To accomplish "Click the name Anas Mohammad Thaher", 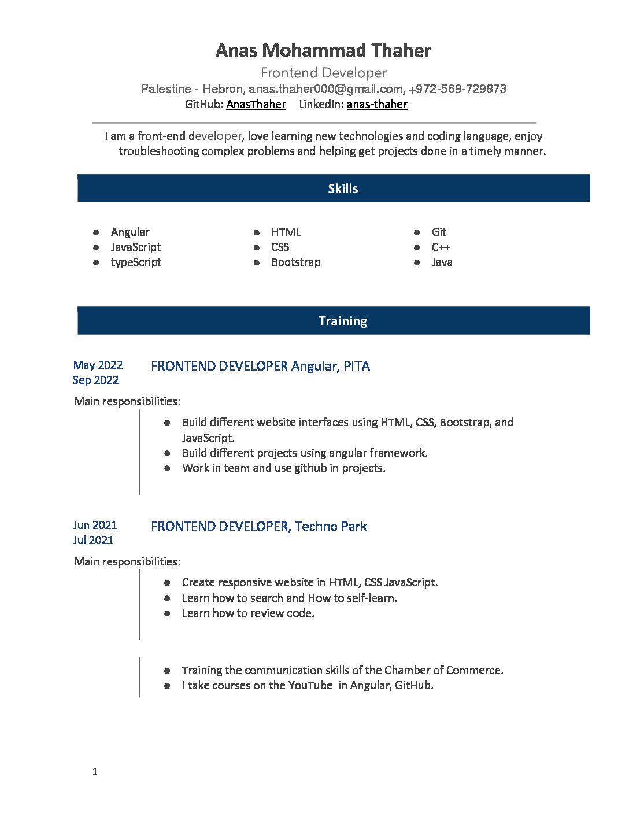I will pyautogui.click(x=323, y=51).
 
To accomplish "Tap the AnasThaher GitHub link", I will pyautogui.click(x=256, y=105).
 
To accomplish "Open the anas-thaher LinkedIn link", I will pyautogui.click(x=377, y=105).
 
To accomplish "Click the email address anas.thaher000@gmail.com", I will pyautogui.click(x=325, y=89).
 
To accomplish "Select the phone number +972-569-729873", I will pyautogui.click(x=457, y=89).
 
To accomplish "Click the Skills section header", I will pyautogui.click(x=343, y=188).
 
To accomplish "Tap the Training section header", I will pyautogui.click(x=343, y=321).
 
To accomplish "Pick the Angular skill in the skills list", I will pyautogui.click(x=130, y=232).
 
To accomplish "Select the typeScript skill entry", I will pyautogui.click(x=136, y=262).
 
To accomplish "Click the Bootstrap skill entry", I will pyautogui.click(x=295, y=262).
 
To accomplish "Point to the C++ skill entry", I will pyautogui.click(x=441, y=247).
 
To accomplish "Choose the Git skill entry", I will pyautogui.click(x=439, y=232).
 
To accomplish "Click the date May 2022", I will pyautogui.click(x=98, y=365).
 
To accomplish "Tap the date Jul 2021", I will pyautogui.click(x=93, y=540).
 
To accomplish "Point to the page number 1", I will pyautogui.click(x=95, y=771).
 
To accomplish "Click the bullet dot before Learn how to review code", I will pyautogui.click(x=167, y=613).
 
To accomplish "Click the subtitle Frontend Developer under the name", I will pyautogui.click(x=323, y=73).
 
